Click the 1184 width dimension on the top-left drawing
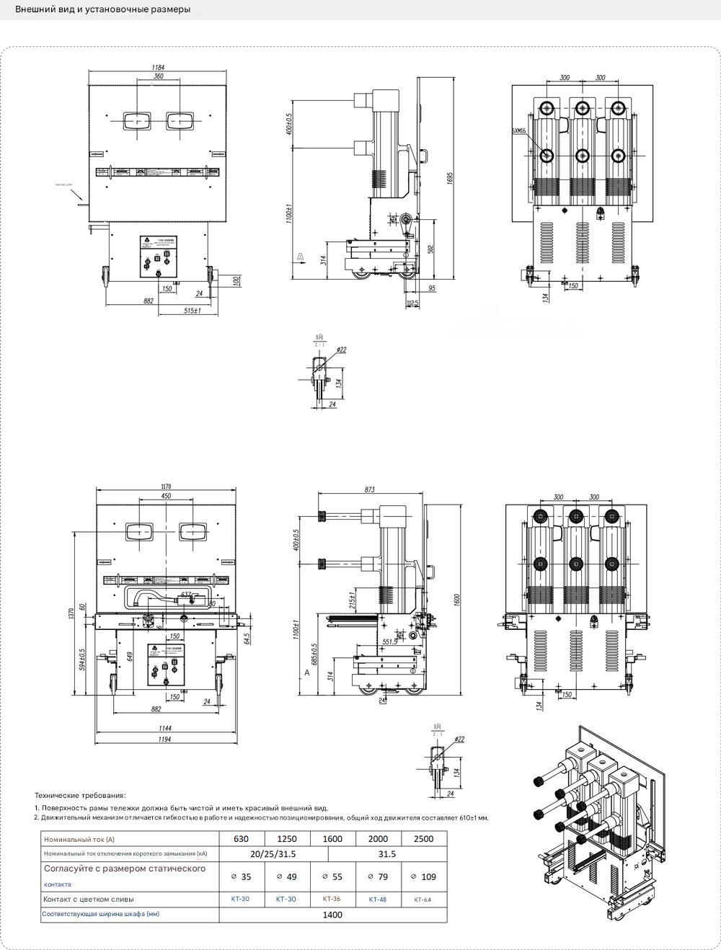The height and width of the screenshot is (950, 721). point(157,68)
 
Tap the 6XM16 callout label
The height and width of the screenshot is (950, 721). point(518,131)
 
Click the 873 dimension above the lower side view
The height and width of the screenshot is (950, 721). point(369,490)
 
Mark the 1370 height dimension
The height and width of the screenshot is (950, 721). point(71,613)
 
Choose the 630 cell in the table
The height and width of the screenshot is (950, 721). point(242,838)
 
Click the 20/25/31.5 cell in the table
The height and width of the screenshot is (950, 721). point(273,854)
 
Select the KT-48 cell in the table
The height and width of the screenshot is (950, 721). point(378,899)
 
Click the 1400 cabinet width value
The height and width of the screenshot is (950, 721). point(332,915)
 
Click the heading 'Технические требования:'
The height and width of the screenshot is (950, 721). point(80,795)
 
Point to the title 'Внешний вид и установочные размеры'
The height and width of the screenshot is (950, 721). point(103,10)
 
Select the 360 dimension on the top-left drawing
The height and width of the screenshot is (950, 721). point(158,76)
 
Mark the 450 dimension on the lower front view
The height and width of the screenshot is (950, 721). point(165,496)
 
